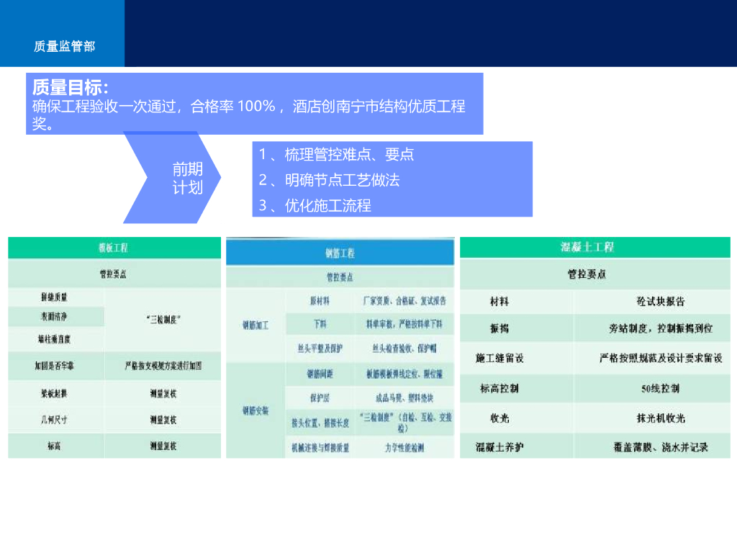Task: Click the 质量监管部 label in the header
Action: (x=64, y=46)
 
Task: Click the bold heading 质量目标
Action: (x=71, y=88)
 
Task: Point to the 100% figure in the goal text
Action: (x=257, y=107)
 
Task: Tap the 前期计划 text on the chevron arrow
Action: (x=187, y=179)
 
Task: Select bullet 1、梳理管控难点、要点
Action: (x=336, y=155)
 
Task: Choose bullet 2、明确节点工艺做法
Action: (x=329, y=180)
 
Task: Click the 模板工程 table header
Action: (x=114, y=248)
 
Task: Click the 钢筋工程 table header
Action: (x=340, y=253)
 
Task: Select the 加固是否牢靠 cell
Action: (x=54, y=366)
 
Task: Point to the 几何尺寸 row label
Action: (x=54, y=419)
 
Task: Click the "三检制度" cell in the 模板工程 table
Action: (x=163, y=318)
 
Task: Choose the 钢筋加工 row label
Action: (x=256, y=325)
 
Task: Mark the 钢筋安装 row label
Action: (x=256, y=411)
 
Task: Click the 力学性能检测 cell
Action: (x=404, y=448)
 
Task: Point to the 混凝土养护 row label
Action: (x=500, y=447)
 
